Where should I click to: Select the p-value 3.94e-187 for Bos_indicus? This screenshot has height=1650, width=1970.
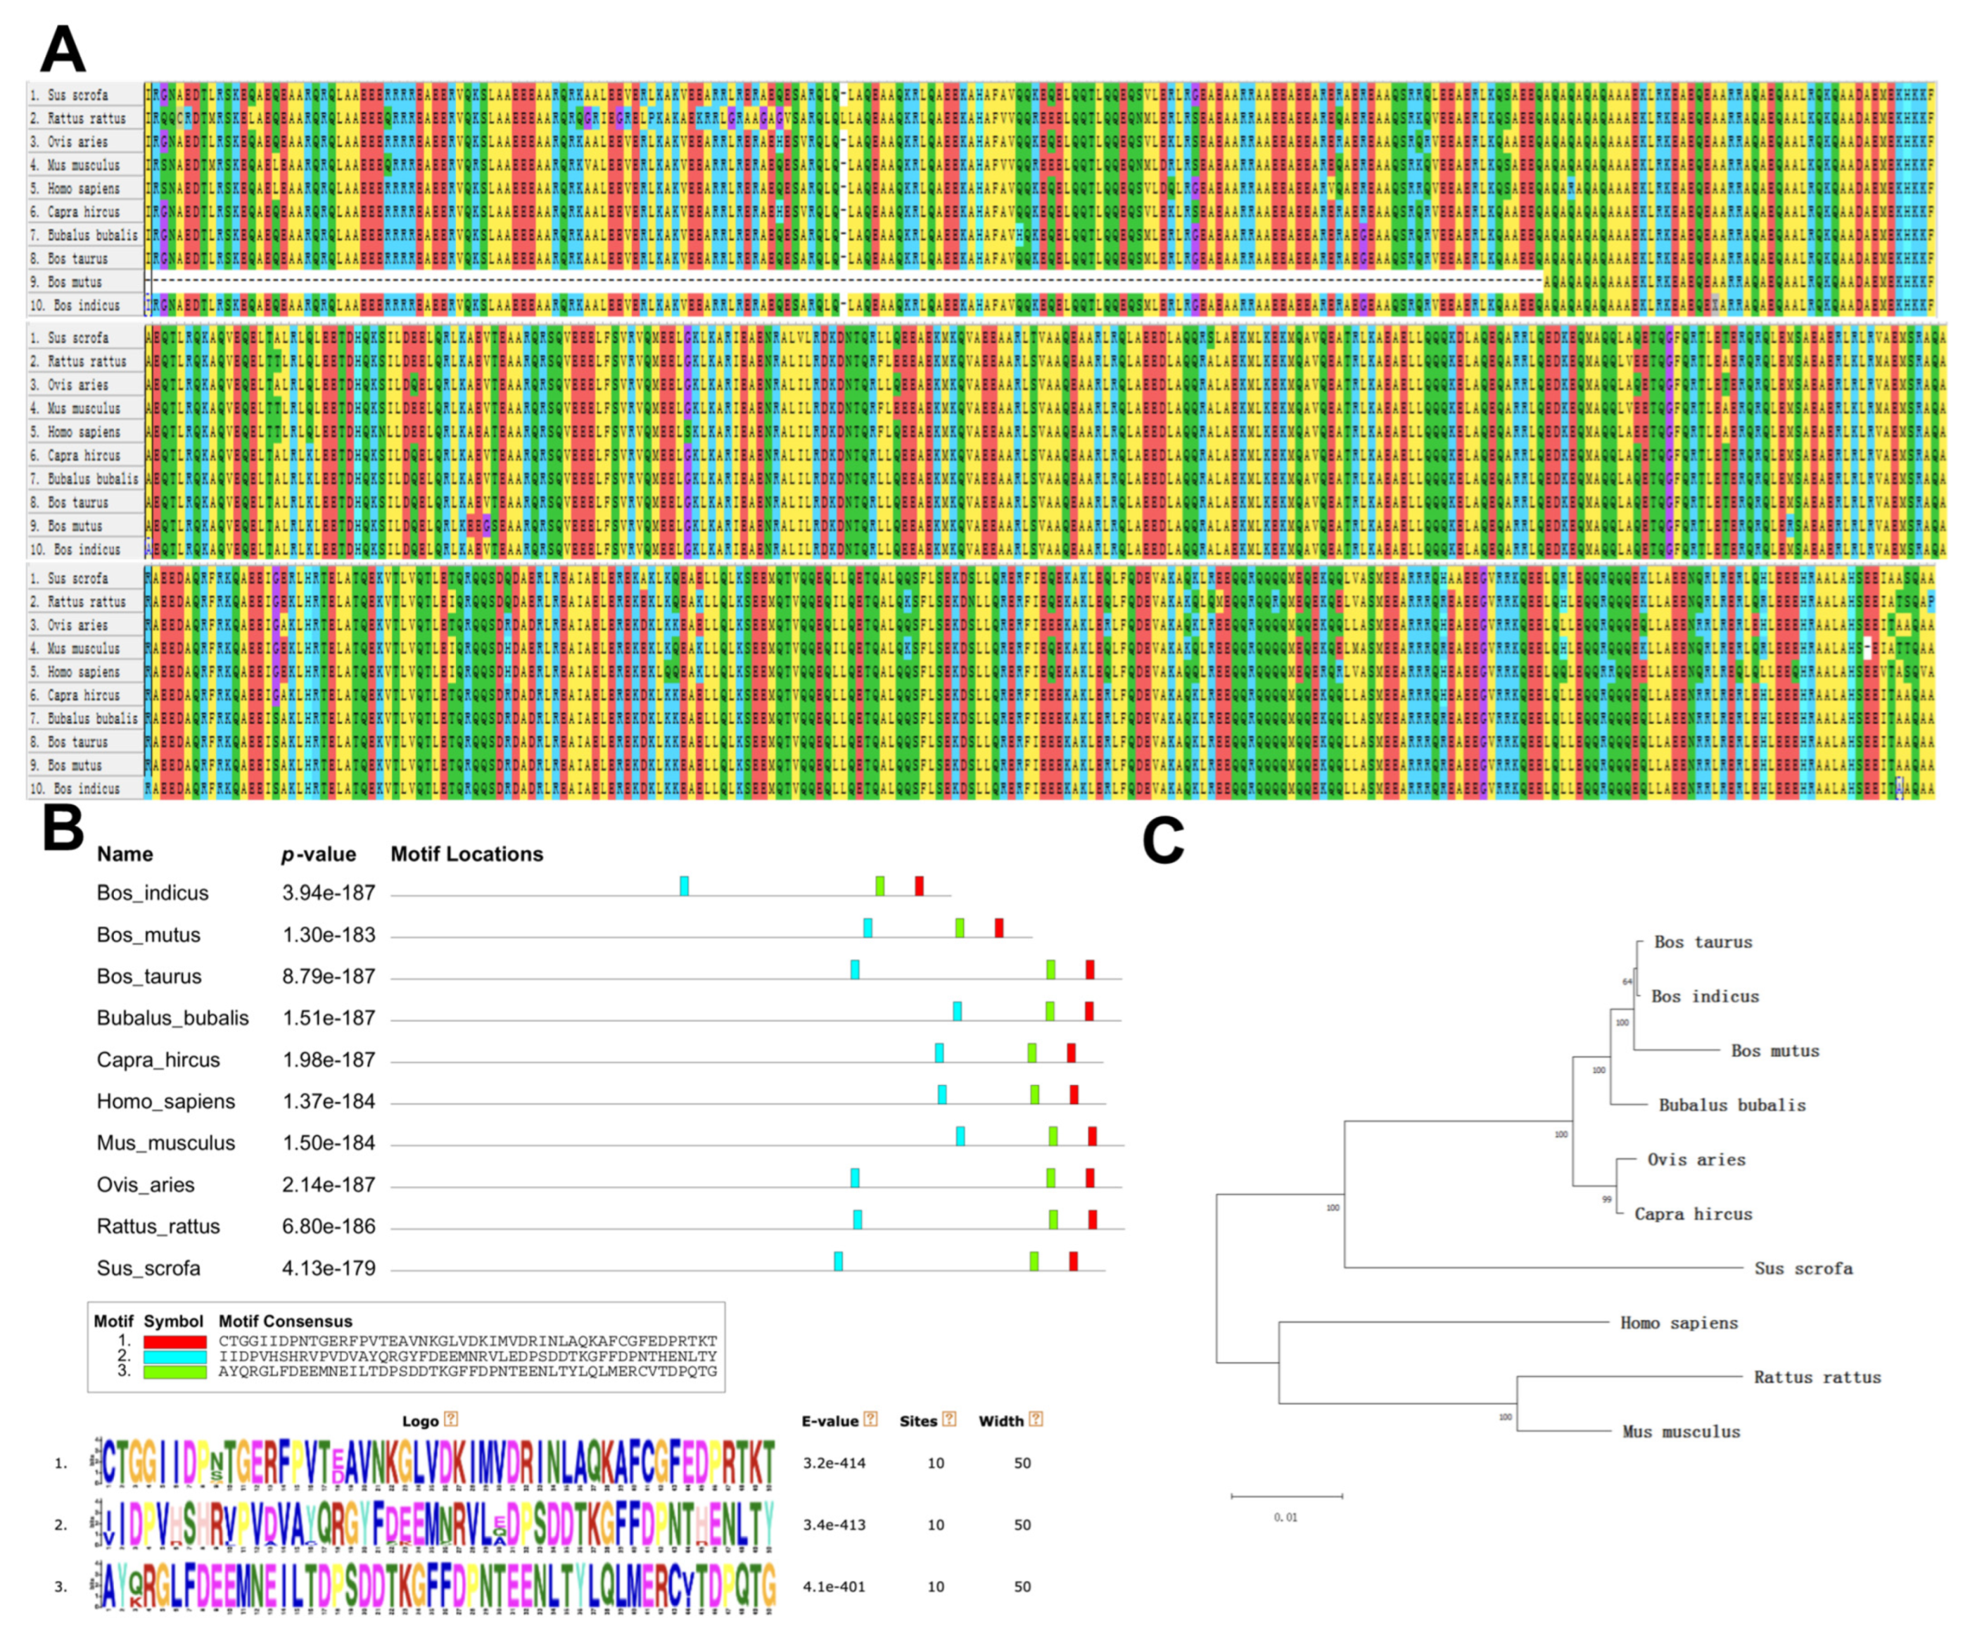[329, 893]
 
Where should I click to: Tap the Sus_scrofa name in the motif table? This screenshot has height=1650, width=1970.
[148, 1268]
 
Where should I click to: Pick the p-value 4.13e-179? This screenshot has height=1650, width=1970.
[329, 1268]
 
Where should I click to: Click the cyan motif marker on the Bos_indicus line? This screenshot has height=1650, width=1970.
[684, 885]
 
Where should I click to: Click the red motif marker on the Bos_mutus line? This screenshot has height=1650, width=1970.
[999, 927]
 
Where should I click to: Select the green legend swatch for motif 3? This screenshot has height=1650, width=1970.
[174, 1371]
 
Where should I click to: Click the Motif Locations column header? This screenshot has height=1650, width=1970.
[466, 853]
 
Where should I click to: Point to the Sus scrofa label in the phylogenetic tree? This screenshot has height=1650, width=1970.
[1803, 1268]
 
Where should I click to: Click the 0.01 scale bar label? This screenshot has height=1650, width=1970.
[1285, 1517]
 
